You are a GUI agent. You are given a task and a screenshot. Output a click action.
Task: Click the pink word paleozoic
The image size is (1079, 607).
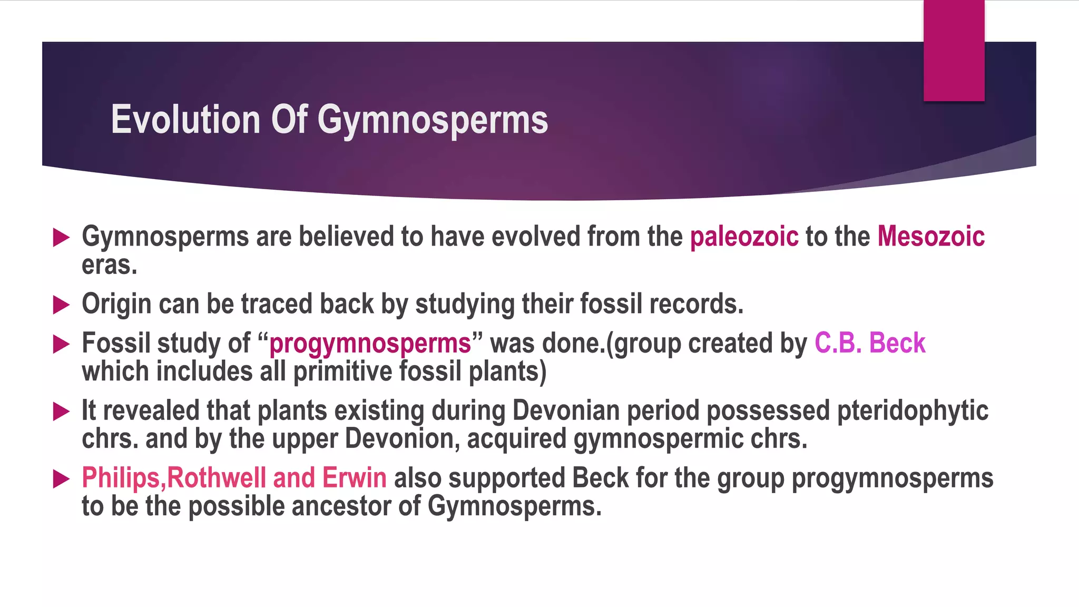click(744, 237)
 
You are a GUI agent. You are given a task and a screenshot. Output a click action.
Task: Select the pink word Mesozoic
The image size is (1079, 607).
click(930, 236)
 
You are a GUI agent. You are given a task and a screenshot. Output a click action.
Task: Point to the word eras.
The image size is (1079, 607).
click(109, 265)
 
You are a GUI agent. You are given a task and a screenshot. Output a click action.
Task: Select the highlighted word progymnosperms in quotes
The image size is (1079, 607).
click(370, 344)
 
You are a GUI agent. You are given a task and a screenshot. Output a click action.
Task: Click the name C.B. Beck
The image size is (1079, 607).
click(869, 343)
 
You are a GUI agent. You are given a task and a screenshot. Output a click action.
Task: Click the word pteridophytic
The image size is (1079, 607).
click(913, 411)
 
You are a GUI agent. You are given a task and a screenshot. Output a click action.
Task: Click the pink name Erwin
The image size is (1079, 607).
click(354, 478)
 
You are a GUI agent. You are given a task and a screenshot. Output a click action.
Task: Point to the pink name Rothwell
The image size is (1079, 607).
click(216, 478)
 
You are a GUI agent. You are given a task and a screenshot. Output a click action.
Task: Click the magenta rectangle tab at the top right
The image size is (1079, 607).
click(954, 51)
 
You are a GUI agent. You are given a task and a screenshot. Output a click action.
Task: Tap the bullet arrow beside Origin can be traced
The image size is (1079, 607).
click(61, 305)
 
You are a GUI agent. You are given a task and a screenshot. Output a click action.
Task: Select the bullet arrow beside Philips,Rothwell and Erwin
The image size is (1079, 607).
click(61, 479)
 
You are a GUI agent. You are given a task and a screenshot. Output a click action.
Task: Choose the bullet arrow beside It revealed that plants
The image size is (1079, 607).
click(61, 412)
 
